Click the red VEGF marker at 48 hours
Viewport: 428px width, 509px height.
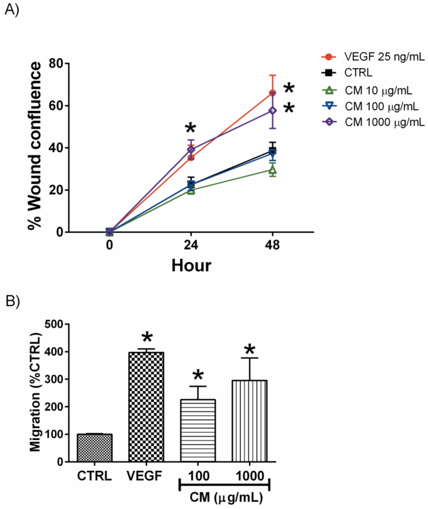(x=273, y=93)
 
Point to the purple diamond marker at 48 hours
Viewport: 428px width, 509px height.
(x=273, y=111)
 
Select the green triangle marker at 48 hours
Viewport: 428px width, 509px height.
(x=273, y=170)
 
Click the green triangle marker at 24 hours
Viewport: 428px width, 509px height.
(x=191, y=191)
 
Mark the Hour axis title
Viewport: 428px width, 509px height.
(x=191, y=265)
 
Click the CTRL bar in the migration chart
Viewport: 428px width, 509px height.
(x=94, y=448)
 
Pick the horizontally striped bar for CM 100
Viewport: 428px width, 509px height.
(x=198, y=430)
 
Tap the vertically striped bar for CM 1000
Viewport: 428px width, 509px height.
(x=250, y=421)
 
